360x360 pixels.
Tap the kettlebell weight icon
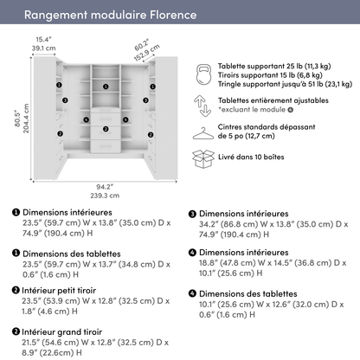203,72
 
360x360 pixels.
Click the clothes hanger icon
203,134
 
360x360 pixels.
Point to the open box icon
203,162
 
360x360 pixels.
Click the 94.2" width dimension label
104,185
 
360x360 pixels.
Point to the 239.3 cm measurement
104,196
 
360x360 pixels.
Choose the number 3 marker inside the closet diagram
105,87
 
